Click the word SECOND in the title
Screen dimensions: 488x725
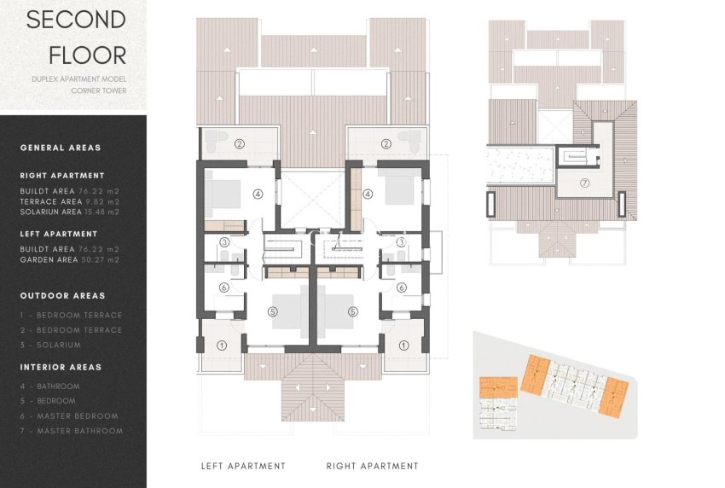click(x=75, y=20)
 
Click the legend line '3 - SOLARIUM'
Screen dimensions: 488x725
click(x=50, y=345)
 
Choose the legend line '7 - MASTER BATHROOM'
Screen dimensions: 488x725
click(x=71, y=431)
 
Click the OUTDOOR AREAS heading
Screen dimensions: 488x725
click(x=62, y=296)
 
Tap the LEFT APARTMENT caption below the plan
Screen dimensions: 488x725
click(x=243, y=466)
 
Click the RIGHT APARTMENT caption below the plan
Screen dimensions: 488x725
click(x=372, y=466)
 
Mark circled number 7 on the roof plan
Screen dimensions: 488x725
click(x=584, y=183)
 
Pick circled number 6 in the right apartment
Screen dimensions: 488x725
click(x=401, y=288)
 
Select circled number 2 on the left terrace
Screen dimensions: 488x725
click(x=241, y=144)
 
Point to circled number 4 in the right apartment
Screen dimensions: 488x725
click(x=368, y=194)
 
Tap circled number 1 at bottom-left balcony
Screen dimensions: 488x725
click(x=222, y=346)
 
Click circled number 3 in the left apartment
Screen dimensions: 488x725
click(x=223, y=242)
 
